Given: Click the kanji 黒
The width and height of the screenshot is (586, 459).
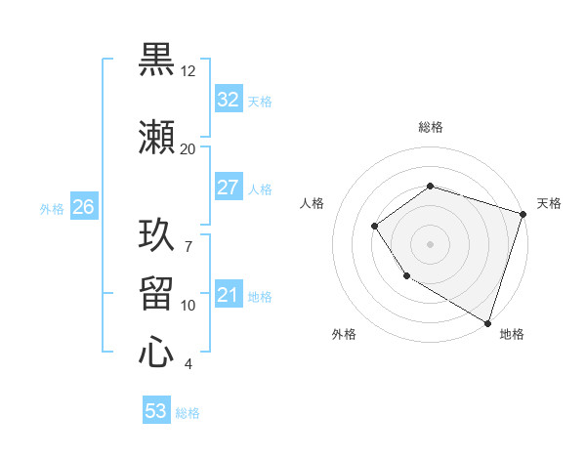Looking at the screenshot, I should (156, 60).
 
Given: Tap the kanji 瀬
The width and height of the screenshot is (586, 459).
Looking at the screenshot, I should (156, 138).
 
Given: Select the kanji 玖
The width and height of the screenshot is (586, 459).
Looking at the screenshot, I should (156, 235).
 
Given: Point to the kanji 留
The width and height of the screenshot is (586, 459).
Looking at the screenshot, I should (156, 294).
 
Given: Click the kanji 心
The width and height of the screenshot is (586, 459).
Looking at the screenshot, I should (156, 353).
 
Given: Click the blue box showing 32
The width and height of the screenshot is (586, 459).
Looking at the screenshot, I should (228, 100).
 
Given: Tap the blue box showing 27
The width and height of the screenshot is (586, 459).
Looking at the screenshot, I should (228, 188).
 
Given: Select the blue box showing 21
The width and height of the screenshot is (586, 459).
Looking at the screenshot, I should (228, 295).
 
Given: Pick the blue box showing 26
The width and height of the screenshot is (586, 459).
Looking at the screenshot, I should (83, 207).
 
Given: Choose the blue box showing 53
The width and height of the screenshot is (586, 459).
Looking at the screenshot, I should (156, 411).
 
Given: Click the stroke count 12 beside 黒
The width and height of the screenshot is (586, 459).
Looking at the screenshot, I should (188, 71).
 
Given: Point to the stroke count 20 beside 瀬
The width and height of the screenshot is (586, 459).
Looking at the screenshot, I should (188, 149).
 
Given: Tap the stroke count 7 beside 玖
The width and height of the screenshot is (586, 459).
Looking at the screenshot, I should (188, 235).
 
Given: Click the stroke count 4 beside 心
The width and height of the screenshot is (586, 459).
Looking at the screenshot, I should (188, 364).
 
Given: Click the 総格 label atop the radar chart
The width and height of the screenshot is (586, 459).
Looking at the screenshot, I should (430, 127).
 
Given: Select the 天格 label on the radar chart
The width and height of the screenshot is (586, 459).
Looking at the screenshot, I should (549, 203).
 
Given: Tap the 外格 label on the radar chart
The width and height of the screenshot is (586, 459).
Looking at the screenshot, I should (344, 334).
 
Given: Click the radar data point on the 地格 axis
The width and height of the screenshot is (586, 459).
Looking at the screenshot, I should (487, 322).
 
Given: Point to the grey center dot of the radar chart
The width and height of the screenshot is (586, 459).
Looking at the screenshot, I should (430, 243).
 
